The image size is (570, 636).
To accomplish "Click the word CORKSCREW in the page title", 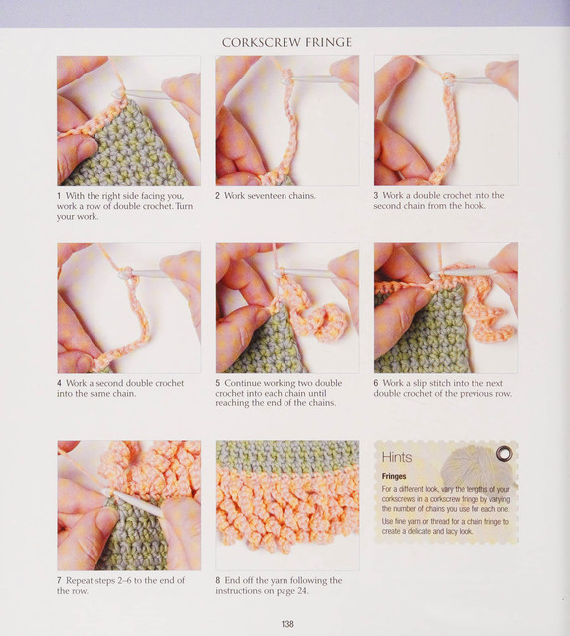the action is pos(261,42).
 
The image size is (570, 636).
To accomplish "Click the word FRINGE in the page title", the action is pos(329,42).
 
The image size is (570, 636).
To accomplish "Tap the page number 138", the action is pos(287,624).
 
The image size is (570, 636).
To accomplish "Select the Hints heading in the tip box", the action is pos(397,457).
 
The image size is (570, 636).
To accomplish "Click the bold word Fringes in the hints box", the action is pos(394,476).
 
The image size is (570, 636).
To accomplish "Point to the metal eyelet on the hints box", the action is pos(504,453).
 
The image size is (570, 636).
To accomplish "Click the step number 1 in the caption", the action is pos(59,196).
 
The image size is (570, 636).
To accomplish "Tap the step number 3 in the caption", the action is pos(376,196).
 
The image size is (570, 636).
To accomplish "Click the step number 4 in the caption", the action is pos(60,383).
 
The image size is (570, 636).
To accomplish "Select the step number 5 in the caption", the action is pos(218,383).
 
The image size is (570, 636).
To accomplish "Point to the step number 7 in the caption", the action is pos(60,580).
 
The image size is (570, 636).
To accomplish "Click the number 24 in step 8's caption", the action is pos(302,591).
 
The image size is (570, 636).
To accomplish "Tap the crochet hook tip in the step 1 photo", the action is pos(117,94).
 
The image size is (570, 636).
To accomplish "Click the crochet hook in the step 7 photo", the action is pos(134,503).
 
